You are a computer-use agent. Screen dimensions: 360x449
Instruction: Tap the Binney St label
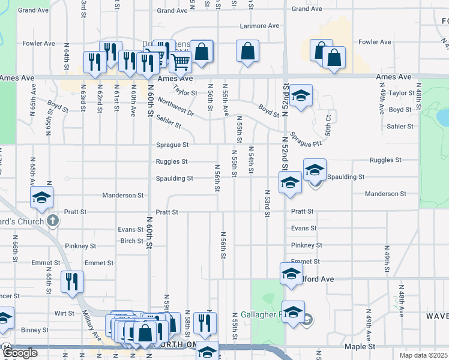click(x=36, y=330)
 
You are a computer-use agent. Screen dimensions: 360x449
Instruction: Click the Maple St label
click(x=360, y=347)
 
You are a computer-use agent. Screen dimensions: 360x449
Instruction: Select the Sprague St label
click(x=172, y=145)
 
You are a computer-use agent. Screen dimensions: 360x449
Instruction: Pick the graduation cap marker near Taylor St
click(x=301, y=94)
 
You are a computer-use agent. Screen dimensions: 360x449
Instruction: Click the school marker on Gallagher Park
click(x=294, y=312)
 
